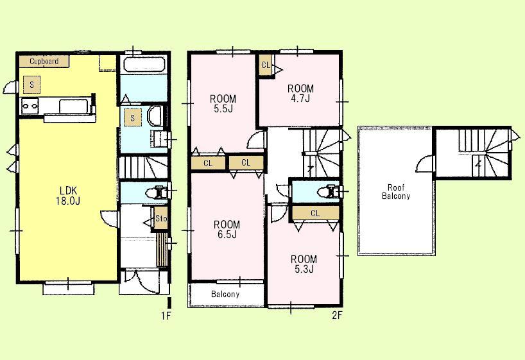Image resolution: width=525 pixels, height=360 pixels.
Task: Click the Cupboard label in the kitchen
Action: click(x=44, y=62)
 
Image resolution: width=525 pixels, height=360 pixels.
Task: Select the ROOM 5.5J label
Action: click(x=223, y=104)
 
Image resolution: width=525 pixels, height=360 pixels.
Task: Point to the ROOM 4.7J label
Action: click(x=300, y=93)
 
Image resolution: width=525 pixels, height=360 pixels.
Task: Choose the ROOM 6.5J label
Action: click(x=227, y=229)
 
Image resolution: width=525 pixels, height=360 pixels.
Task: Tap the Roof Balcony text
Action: click(x=395, y=192)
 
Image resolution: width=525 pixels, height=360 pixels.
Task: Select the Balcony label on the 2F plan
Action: click(x=225, y=294)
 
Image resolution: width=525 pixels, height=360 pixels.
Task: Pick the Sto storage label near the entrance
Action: click(x=161, y=219)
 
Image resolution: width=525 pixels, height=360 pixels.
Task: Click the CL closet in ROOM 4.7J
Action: click(x=265, y=64)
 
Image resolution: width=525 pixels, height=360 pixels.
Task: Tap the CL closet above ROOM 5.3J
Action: click(x=314, y=213)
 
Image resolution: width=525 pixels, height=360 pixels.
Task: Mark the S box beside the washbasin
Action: click(x=132, y=118)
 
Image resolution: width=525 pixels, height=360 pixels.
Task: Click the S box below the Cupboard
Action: click(x=31, y=83)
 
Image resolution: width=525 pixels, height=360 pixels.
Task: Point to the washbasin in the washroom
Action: click(x=155, y=117)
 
